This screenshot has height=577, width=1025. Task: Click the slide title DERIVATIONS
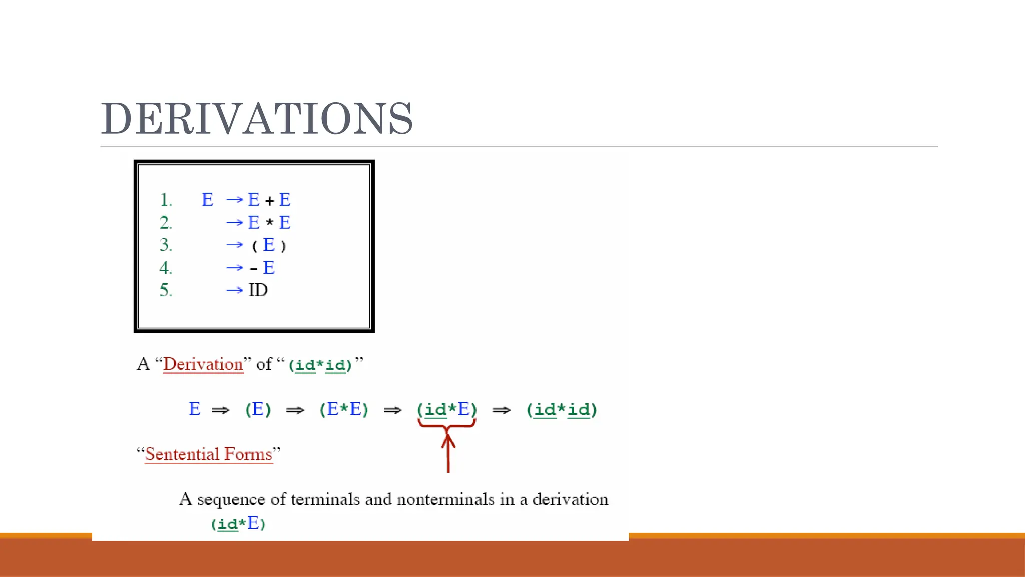[257, 119]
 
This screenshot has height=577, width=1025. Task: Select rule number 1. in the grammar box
[166, 200]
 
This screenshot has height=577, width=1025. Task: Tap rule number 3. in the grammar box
[166, 245]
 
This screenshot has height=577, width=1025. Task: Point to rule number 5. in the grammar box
[166, 291]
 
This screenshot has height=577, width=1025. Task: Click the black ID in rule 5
[258, 291]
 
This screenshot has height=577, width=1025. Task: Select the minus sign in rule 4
[254, 269]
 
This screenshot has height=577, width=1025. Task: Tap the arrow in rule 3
[234, 245]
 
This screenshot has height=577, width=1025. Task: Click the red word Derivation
[203, 364]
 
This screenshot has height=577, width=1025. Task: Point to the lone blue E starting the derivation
[195, 409]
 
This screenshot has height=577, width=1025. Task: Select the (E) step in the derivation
[258, 410]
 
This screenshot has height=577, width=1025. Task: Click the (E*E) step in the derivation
[344, 410]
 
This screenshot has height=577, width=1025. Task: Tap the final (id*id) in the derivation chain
[562, 410]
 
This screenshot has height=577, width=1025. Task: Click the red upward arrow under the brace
[448, 453]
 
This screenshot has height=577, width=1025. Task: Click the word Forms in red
[248, 454]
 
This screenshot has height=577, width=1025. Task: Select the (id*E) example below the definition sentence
[238, 524]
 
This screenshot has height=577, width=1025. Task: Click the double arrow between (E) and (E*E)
[295, 411]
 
